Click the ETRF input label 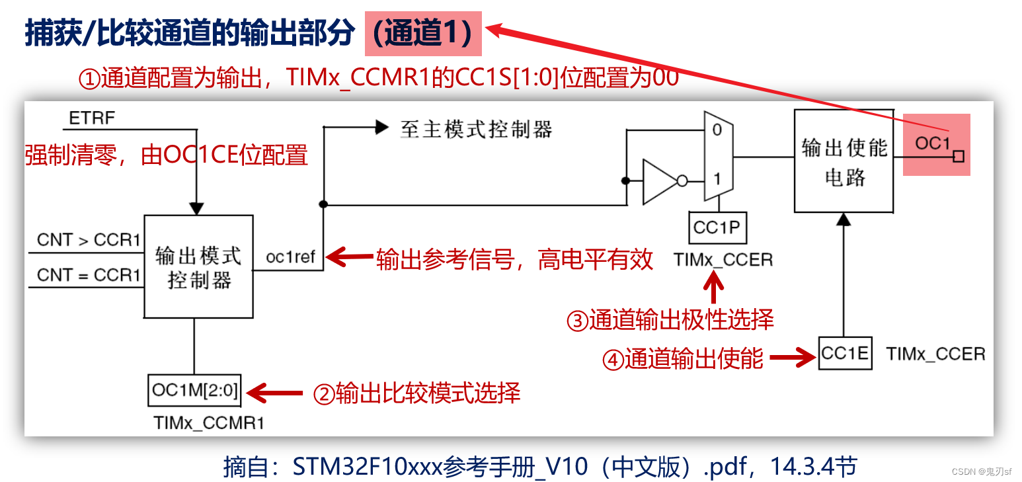point(92,119)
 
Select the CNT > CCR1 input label point(89,240)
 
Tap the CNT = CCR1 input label point(89,274)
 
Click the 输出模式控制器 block point(198,266)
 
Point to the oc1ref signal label point(290,257)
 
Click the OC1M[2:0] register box point(194,390)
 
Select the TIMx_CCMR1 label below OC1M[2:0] point(208,422)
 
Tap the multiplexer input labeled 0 point(717,130)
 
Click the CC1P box point(717,228)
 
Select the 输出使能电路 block point(844,162)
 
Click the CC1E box point(844,354)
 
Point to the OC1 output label point(932,143)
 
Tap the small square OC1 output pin point(959,157)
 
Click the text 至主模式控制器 point(476,129)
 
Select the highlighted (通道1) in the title point(423,34)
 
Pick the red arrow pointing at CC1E point(791,358)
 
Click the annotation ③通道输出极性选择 point(670,320)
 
